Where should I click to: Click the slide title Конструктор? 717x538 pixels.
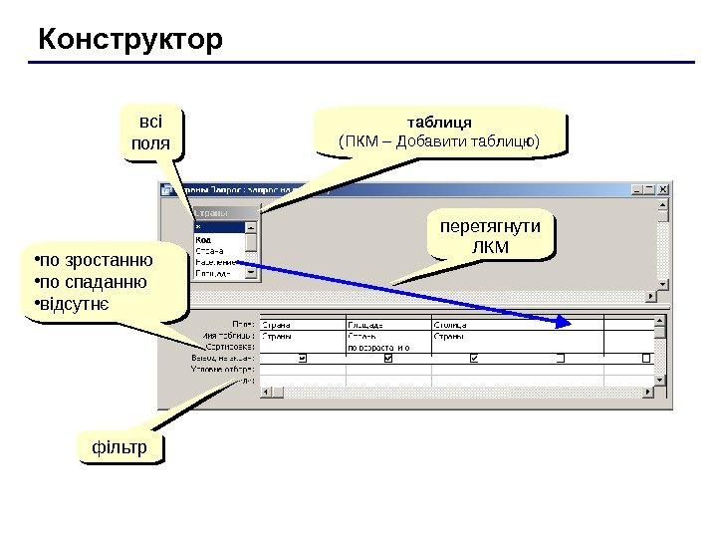pyautogui.click(x=130, y=41)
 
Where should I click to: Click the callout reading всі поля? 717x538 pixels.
pyautogui.click(x=151, y=134)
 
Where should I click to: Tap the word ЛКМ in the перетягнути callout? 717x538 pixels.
pyautogui.click(x=489, y=245)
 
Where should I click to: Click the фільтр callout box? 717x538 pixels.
pyautogui.click(x=119, y=448)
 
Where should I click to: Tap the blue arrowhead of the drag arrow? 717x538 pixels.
pyautogui.click(x=564, y=321)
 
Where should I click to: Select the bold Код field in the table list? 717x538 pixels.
pyautogui.click(x=203, y=239)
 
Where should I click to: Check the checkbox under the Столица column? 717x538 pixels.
pyautogui.click(x=473, y=358)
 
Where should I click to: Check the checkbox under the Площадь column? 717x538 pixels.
pyautogui.click(x=388, y=358)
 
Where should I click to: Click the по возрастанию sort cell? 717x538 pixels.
pyautogui.click(x=378, y=348)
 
